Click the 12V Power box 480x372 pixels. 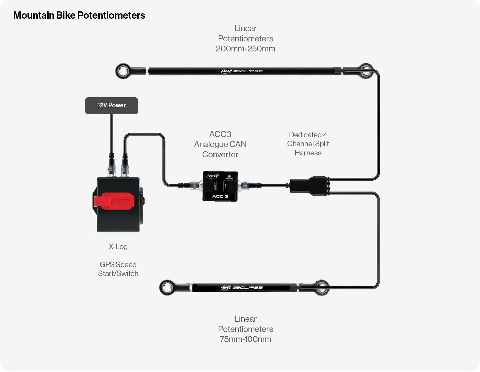[111, 106]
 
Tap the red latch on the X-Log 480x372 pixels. [114, 201]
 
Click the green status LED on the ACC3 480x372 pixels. [229, 176]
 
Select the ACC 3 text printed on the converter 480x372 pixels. [220, 196]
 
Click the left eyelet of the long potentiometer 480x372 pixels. [122, 71]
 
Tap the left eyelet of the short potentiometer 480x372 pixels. [167, 287]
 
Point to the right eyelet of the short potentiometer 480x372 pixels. [322, 287]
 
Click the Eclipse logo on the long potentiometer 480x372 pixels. [242, 71]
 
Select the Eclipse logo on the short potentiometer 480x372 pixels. [242, 287]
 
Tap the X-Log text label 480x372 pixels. [118, 247]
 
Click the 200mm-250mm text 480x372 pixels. [245, 49]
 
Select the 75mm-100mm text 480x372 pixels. [245, 339]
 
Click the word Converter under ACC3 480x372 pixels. [220, 155]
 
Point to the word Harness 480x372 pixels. [308, 153]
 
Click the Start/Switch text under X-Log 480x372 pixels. [118, 274]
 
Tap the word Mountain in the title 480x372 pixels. [34, 15]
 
